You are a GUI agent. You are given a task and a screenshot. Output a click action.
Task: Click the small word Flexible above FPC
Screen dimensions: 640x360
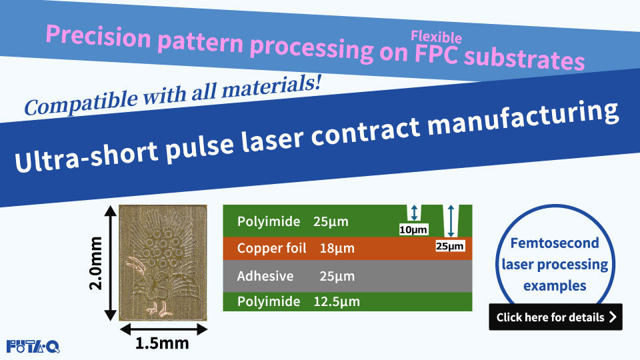[436, 37]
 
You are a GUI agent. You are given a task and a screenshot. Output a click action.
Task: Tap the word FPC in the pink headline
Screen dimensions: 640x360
[436, 54]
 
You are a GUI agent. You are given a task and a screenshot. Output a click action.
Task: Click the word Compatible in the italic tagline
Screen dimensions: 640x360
[81, 103]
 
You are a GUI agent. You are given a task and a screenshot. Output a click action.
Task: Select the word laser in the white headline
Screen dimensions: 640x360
[272, 139]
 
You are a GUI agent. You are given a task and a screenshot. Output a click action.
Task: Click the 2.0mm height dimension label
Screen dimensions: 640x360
[95, 263]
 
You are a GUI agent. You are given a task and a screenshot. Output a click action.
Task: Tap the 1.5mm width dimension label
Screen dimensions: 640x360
[161, 343]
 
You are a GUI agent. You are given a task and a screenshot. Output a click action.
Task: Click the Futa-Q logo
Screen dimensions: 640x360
[33, 347]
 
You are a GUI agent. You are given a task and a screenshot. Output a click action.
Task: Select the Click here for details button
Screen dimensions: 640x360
[555, 317]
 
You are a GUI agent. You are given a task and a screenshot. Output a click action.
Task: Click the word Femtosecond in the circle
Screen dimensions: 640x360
[555, 243]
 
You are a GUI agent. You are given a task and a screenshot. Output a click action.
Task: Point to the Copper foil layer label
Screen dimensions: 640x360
[271, 248]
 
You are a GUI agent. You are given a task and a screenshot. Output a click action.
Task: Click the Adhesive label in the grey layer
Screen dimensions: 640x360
[265, 276]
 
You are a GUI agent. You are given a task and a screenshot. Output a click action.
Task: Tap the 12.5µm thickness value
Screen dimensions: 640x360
[337, 301]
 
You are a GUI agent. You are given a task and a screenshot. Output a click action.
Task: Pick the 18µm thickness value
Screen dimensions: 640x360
[337, 248]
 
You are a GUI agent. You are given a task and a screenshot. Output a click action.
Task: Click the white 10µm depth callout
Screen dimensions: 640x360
[413, 230]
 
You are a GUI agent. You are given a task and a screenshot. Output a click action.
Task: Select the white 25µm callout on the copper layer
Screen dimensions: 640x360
[450, 246]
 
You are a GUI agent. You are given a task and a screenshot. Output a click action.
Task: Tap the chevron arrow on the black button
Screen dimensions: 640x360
[612, 317]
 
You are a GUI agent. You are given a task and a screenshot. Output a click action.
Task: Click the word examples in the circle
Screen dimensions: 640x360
[555, 286]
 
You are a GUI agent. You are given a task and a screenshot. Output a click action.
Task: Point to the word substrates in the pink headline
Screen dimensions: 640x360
[525, 59]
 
